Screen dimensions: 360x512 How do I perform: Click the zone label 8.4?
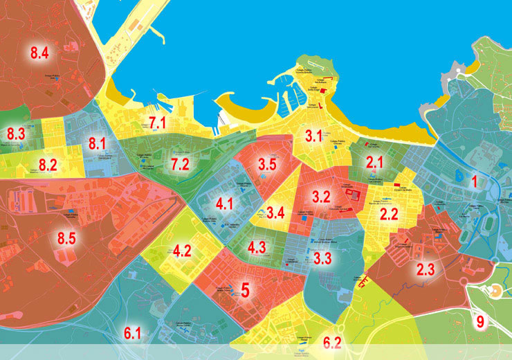[x=39, y=52]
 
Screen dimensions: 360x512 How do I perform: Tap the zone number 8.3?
[x=16, y=134]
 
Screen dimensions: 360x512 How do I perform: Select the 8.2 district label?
[x=48, y=164]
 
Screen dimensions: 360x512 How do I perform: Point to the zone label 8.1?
[x=98, y=144]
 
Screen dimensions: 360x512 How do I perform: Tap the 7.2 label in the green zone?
[x=180, y=164]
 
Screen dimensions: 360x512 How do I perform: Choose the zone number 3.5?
[x=268, y=165]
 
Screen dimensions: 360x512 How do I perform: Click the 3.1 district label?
[x=314, y=136]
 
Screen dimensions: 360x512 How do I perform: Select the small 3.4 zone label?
[x=276, y=213]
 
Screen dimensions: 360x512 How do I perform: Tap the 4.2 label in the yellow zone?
[x=182, y=251]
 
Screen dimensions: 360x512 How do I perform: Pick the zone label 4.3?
[x=257, y=246]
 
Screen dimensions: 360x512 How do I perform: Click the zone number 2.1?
[x=375, y=163]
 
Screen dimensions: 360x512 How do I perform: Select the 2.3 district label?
[x=426, y=269]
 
